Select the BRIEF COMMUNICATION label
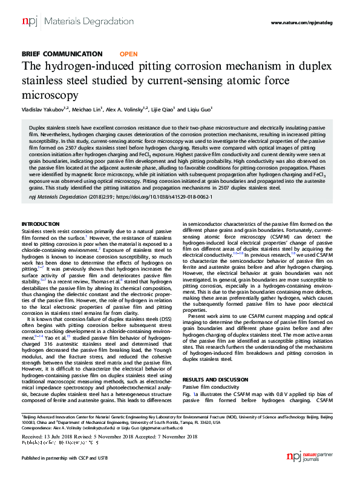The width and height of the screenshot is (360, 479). [62, 54]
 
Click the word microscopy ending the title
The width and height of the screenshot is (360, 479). [51, 94]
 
